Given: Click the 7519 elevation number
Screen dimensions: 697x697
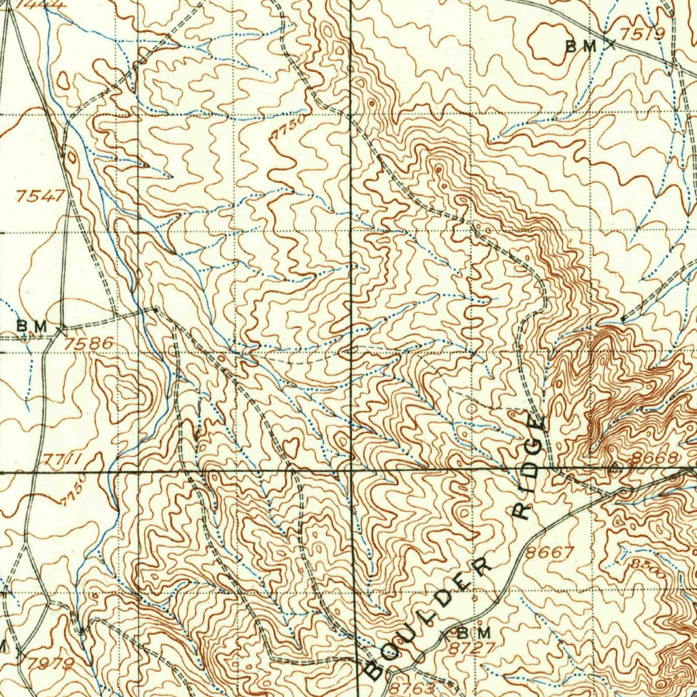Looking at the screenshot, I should point(643,35).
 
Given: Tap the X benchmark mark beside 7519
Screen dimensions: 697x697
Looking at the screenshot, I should point(611,45).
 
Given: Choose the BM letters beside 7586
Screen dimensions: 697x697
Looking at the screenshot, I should point(32,327).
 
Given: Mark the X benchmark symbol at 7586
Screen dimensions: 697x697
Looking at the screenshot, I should point(62,329).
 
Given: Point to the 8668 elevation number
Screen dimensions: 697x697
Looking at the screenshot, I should point(654,458).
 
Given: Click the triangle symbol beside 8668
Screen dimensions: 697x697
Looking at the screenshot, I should point(616,468).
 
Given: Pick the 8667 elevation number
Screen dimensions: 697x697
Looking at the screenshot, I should point(550,553).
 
